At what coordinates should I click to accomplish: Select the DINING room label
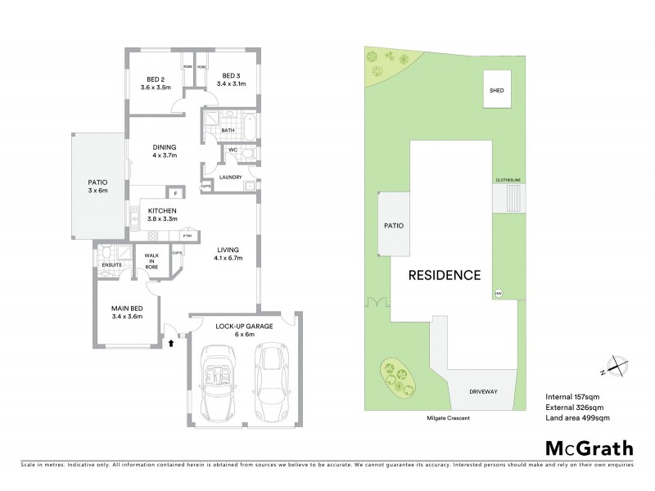(x=165, y=151)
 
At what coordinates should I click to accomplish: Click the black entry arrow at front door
(x=170, y=344)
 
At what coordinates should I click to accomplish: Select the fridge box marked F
(x=173, y=193)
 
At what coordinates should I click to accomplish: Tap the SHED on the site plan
(x=496, y=91)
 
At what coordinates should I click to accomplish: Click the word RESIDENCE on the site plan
(x=445, y=275)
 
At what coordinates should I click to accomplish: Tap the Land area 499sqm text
(x=577, y=418)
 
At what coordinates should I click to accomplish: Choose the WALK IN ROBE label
(x=152, y=263)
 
